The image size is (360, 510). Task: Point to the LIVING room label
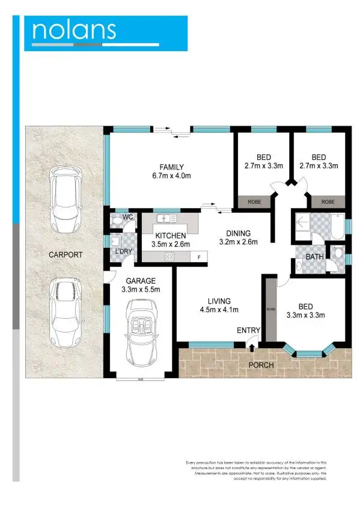coord(206,301)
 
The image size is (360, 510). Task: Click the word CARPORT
coord(65,255)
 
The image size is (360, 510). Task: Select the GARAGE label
coord(141,281)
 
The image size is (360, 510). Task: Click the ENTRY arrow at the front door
coord(252,345)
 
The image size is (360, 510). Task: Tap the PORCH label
coord(261,365)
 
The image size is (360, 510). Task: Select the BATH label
coord(313,257)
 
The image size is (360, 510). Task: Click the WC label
coord(127,217)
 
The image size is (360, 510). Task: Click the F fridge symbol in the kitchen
coord(198,257)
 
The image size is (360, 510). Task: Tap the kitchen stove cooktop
coord(169,257)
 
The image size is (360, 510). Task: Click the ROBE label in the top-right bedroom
coord(328,202)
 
